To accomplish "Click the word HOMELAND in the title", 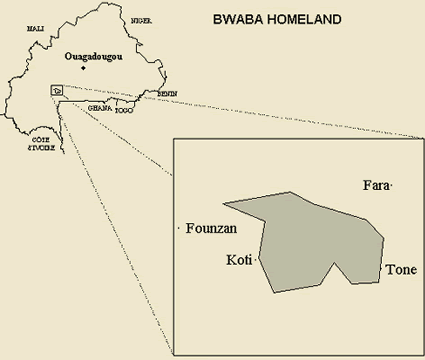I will tap(292, 19).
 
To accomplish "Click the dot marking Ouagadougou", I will tap(97, 68).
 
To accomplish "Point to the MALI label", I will tap(35, 30).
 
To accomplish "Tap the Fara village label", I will tap(376, 186).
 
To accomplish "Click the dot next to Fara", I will tap(393, 187).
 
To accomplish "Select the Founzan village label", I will tap(211, 230).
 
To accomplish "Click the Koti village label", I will tap(239, 260).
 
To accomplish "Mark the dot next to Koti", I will tap(257, 260).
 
